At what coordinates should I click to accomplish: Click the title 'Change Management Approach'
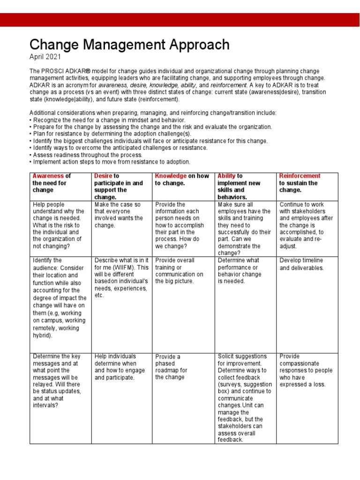point(129,45)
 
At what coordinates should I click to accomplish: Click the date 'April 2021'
point(46,57)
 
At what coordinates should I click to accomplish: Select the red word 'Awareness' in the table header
point(47,176)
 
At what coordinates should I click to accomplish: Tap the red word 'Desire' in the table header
point(104,176)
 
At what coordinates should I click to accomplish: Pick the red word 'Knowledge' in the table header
point(171,176)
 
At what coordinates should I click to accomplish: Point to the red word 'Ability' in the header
point(226,176)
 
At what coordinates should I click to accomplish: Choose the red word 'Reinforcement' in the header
point(300,176)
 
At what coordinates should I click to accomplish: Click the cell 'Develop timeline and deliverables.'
point(301,264)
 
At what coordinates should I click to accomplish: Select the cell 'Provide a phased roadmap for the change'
point(171,367)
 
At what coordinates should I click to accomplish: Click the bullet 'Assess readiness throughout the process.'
point(86,155)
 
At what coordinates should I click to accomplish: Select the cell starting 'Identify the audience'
point(59,297)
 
